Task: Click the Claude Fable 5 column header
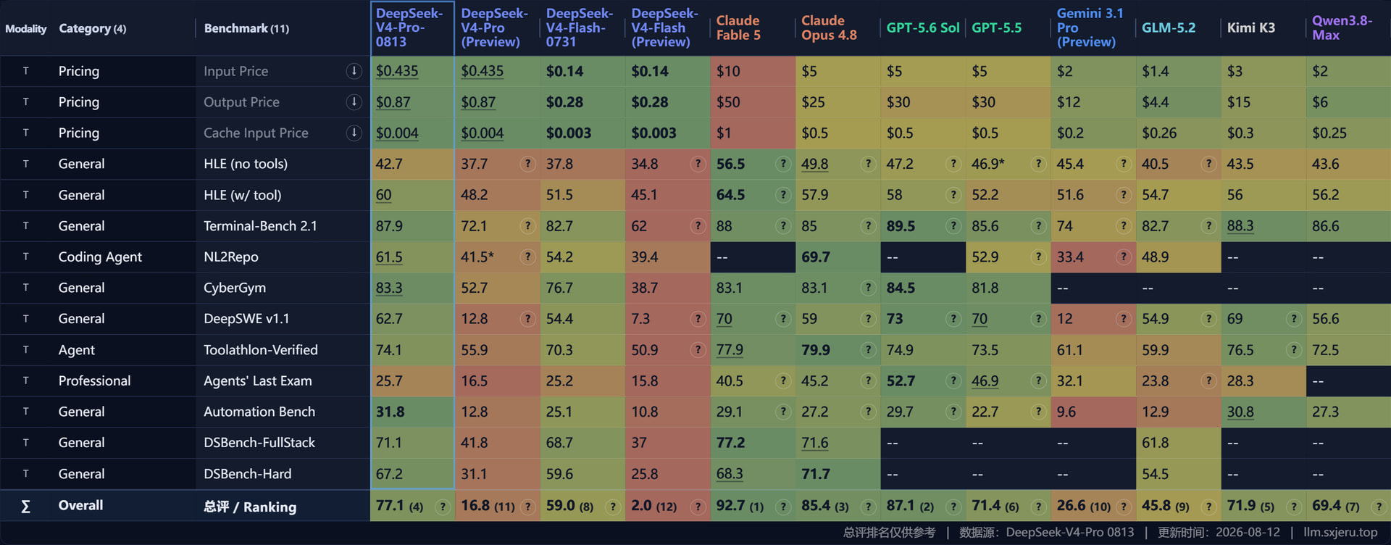pyautogui.click(x=738, y=28)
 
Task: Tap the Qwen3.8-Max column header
pyautogui.click(x=1342, y=28)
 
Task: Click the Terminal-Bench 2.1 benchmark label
pyautogui.click(x=260, y=226)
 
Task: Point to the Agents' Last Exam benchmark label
pyautogui.click(x=258, y=380)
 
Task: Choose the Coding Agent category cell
pyautogui.click(x=100, y=257)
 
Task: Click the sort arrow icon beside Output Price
pyautogui.click(x=354, y=102)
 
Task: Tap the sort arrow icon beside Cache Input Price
pyautogui.click(x=354, y=133)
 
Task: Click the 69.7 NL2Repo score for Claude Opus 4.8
pyautogui.click(x=816, y=257)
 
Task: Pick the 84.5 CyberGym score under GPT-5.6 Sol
pyautogui.click(x=901, y=288)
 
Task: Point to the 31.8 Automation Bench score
pyautogui.click(x=390, y=412)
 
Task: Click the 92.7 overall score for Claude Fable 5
pyautogui.click(x=730, y=505)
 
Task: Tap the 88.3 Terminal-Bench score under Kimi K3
pyautogui.click(x=1240, y=226)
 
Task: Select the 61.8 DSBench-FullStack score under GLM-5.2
pyautogui.click(x=1156, y=443)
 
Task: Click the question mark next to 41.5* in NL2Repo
pyautogui.click(x=527, y=257)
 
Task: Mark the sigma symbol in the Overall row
pyautogui.click(x=25, y=506)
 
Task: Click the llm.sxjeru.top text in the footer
pyautogui.click(x=1340, y=533)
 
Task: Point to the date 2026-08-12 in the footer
pyautogui.click(x=1248, y=533)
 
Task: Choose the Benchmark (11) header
pyautogui.click(x=246, y=28)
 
